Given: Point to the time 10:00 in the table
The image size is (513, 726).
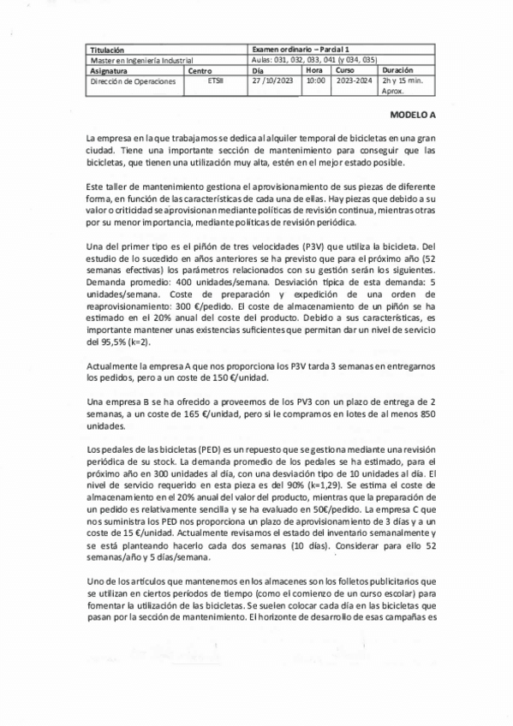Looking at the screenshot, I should pyautogui.click(x=315, y=81).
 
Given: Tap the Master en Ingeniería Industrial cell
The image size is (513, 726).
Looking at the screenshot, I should pyautogui.click(x=140, y=62).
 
